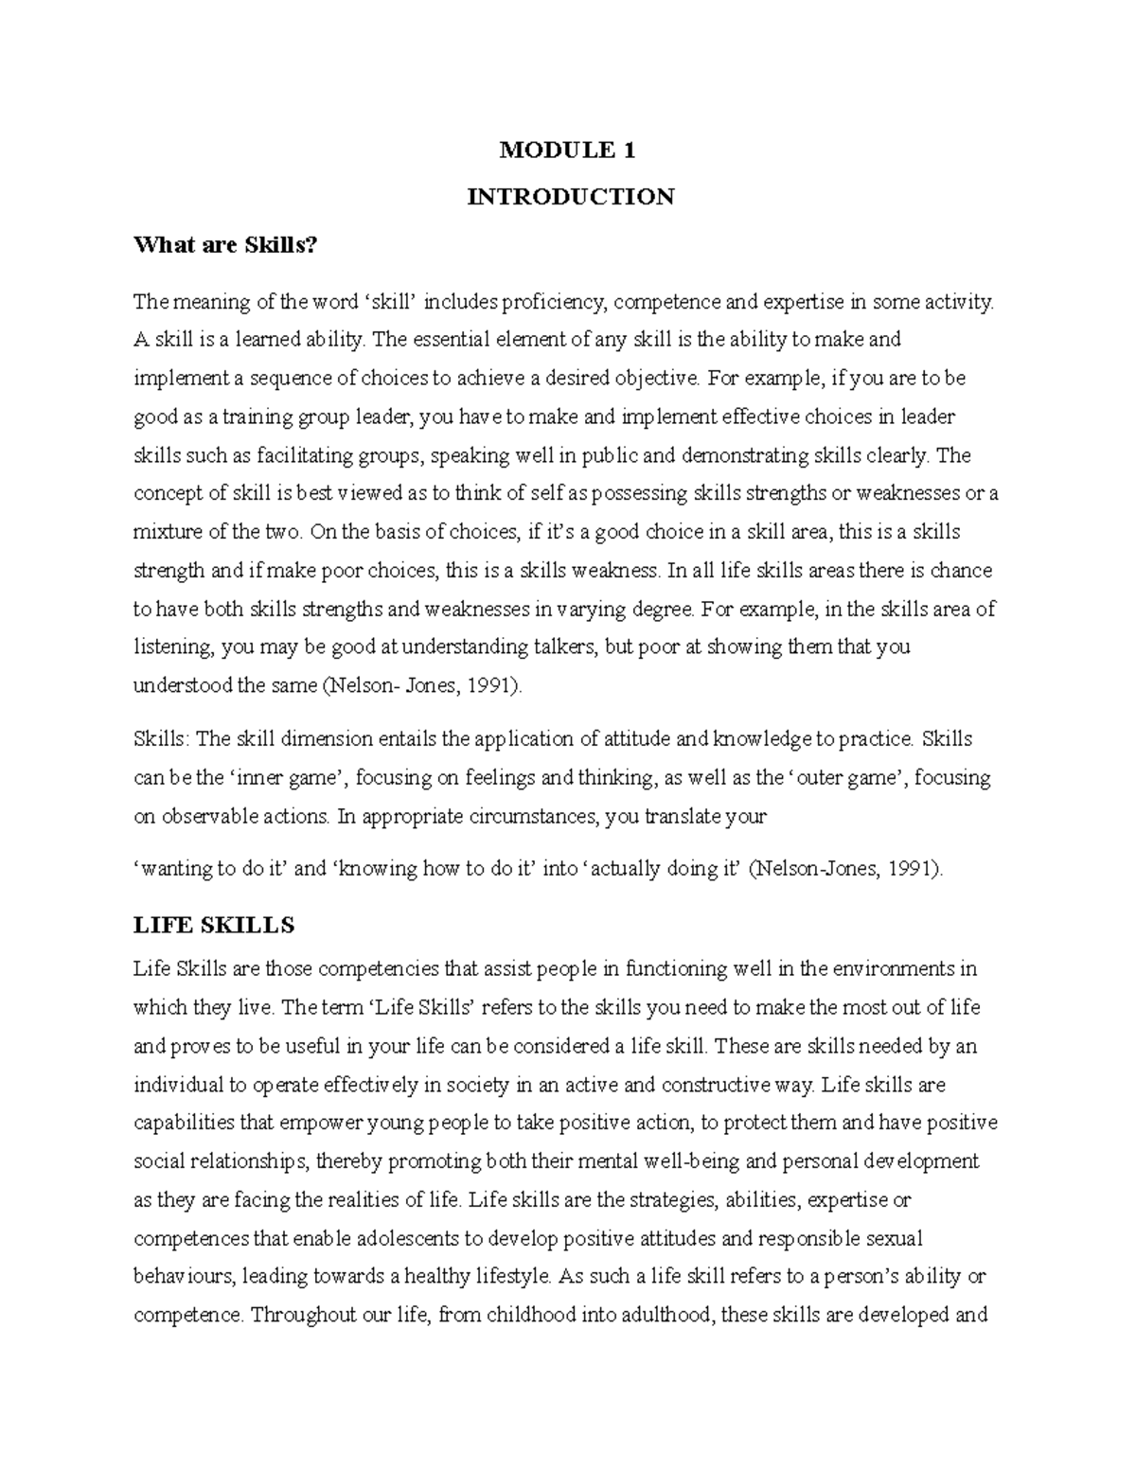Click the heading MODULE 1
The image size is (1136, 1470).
click(x=568, y=150)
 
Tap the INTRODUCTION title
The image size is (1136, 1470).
click(x=571, y=197)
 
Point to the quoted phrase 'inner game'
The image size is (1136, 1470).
click(x=287, y=778)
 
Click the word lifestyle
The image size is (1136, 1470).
click(x=504, y=1277)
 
